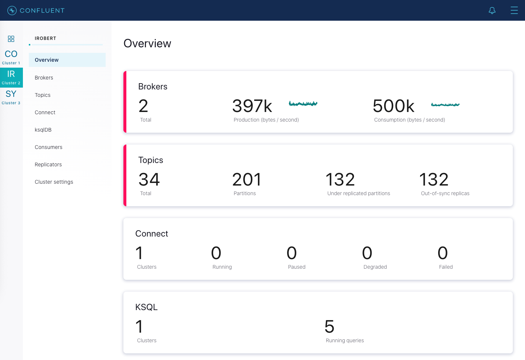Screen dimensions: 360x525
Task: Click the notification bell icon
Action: [492, 10]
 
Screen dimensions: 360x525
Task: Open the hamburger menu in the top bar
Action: [514, 10]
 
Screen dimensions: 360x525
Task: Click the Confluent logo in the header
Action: [36, 10]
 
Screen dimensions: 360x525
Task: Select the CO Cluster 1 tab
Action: [11, 57]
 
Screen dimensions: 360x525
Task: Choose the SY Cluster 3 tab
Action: [11, 97]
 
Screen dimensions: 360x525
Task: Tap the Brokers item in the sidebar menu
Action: [44, 78]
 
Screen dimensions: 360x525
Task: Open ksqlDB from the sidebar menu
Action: [43, 130]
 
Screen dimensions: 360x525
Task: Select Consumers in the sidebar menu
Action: [48, 147]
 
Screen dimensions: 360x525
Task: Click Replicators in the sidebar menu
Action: [48, 164]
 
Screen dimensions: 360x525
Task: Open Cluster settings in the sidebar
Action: [54, 182]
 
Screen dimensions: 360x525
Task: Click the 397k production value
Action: [252, 106]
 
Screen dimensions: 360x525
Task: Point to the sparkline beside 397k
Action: [303, 104]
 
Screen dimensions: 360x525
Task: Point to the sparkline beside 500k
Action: [445, 105]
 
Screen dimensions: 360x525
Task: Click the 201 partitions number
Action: [246, 180]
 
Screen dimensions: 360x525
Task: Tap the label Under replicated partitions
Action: [358, 193]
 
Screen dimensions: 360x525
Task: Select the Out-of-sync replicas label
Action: [445, 193]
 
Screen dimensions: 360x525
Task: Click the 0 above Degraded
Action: [367, 253]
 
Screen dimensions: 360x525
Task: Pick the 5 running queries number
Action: [329, 327]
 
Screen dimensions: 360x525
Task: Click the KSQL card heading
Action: [146, 307]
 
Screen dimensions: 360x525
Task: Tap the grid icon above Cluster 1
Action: [11, 39]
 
